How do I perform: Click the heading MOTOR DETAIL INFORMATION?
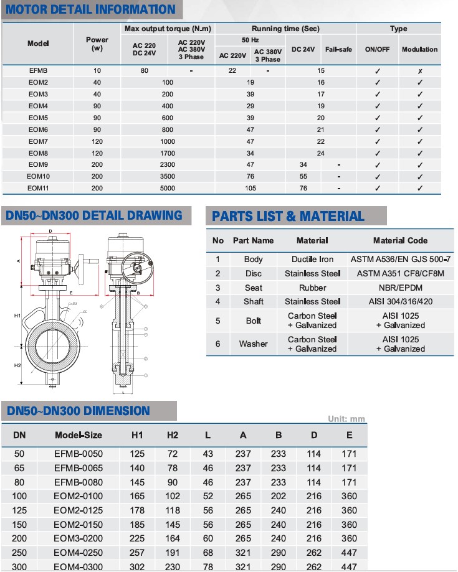point(90,9)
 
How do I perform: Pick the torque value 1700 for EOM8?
point(167,153)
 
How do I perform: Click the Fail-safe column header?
point(338,49)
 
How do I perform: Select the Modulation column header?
point(419,49)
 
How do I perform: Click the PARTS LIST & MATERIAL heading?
point(288,216)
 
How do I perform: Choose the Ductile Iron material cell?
point(312,259)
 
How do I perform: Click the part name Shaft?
point(253,301)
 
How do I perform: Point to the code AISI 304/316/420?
point(400,301)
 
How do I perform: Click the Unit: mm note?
point(346,419)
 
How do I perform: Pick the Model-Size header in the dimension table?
point(79,434)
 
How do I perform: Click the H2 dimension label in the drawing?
point(17,365)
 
